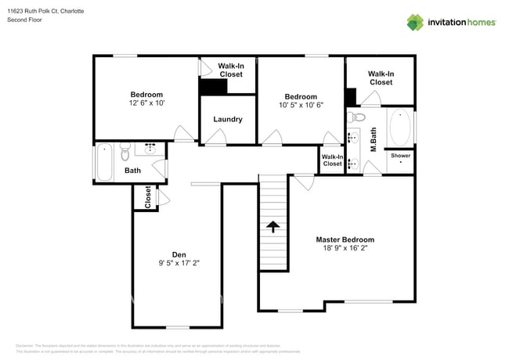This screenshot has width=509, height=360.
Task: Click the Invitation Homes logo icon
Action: pos(416,22)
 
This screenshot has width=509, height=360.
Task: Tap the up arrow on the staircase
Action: pos(273,227)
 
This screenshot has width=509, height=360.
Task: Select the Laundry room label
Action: pos(228,120)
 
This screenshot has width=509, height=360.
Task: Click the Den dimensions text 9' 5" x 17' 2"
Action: pos(179,264)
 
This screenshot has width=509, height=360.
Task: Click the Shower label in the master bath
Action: pos(400,156)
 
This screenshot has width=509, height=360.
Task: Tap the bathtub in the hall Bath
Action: pos(105,162)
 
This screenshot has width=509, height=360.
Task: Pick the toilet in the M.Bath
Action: pos(358,117)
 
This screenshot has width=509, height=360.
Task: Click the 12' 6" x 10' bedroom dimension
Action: pos(146,103)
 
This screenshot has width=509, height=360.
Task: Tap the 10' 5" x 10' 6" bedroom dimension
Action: pos(301,105)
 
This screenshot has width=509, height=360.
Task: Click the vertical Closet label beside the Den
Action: pos(147,196)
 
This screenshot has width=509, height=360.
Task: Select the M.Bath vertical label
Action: pos(374,139)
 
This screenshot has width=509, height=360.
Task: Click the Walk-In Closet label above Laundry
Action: pos(230,70)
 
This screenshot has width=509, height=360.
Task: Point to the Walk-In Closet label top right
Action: pos(381,77)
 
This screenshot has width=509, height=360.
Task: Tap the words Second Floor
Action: pos(24,20)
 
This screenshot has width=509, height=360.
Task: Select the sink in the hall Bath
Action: pos(150,149)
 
